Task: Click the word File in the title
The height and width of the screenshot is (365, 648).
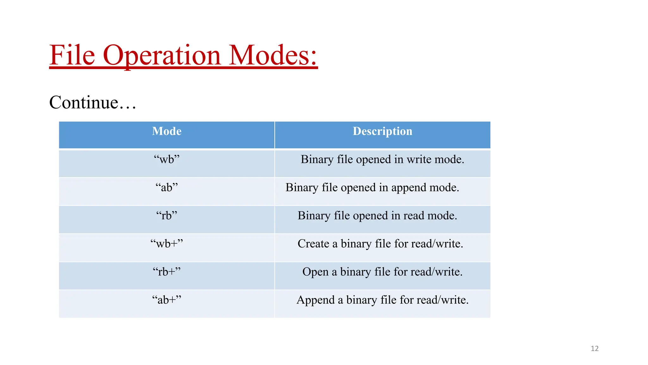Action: (x=72, y=55)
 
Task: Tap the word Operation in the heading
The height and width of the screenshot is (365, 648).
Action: (x=161, y=55)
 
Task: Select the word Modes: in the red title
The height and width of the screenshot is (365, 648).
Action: (x=273, y=55)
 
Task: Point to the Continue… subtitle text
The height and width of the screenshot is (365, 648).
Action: (x=93, y=102)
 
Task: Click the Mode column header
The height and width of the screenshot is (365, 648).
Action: (x=167, y=131)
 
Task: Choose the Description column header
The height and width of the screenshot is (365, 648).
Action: (x=383, y=131)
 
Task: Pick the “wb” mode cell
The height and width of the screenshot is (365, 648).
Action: (x=167, y=159)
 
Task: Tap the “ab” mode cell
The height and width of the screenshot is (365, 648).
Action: (x=167, y=187)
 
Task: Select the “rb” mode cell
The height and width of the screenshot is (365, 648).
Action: (x=167, y=215)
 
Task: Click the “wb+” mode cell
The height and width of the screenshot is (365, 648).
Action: (x=167, y=244)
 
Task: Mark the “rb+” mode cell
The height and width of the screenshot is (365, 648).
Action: (x=167, y=272)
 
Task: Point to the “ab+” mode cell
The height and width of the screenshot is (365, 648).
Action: (x=167, y=300)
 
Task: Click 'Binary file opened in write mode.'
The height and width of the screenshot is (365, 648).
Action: (x=382, y=159)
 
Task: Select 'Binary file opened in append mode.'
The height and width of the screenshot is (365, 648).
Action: (x=372, y=188)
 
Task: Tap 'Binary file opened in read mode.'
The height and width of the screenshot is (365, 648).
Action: (x=377, y=216)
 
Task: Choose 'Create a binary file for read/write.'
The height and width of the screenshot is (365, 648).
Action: (x=380, y=244)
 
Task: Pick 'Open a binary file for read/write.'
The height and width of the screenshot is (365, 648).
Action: (x=382, y=272)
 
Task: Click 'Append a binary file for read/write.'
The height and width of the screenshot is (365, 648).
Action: (x=382, y=300)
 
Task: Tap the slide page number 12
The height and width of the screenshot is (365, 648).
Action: (x=595, y=349)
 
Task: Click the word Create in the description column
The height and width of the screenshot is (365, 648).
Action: (x=313, y=244)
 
